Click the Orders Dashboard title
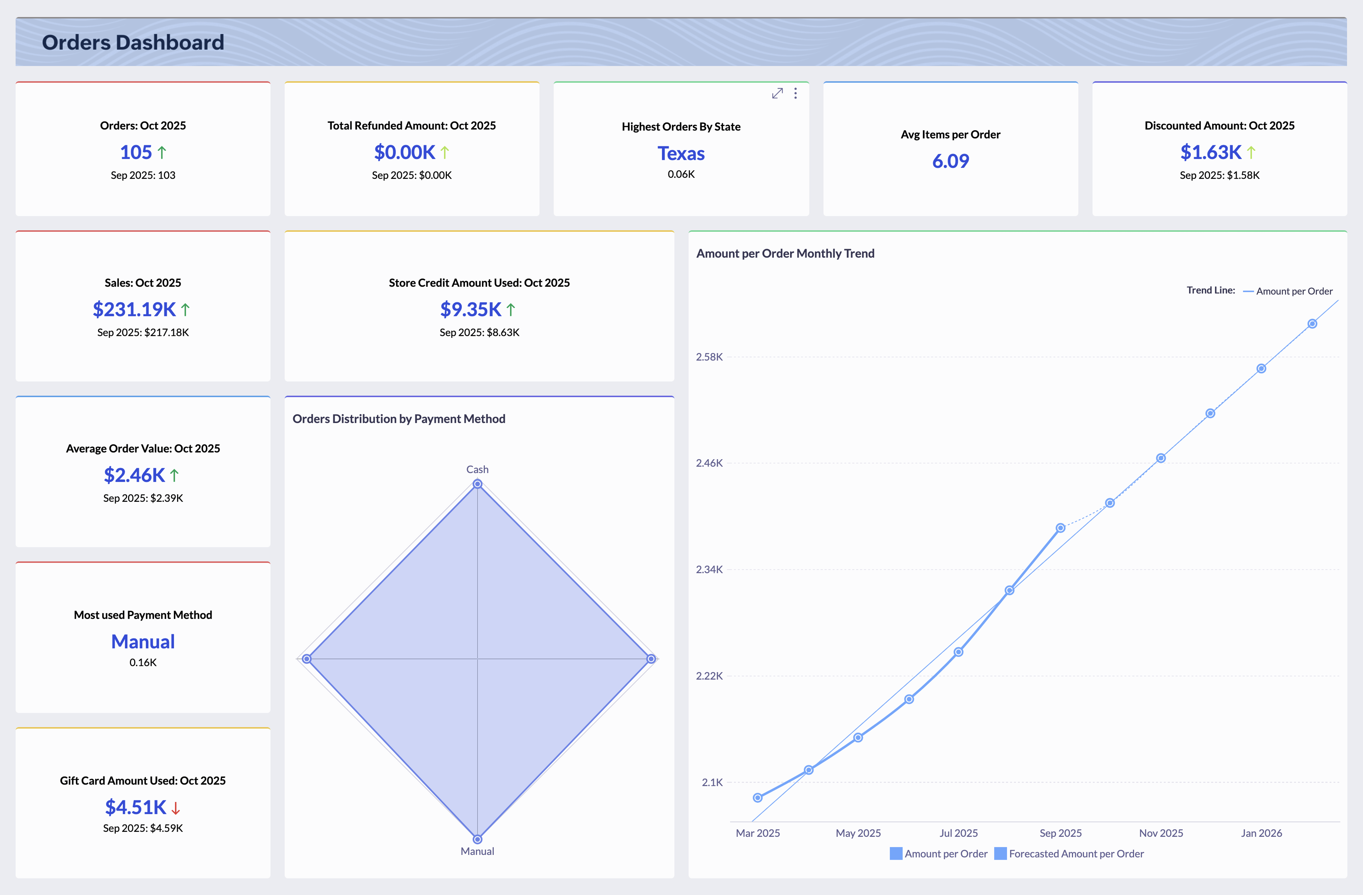point(133,42)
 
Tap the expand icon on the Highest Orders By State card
point(777,93)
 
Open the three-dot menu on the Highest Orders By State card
point(795,93)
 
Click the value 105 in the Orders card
point(136,152)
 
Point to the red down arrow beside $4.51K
point(176,808)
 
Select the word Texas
point(681,153)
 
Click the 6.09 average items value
point(950,161)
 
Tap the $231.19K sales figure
point(134,309)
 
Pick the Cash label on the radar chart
point(477,470)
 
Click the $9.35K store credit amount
point(471,309)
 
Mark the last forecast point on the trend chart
point(1312,324)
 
